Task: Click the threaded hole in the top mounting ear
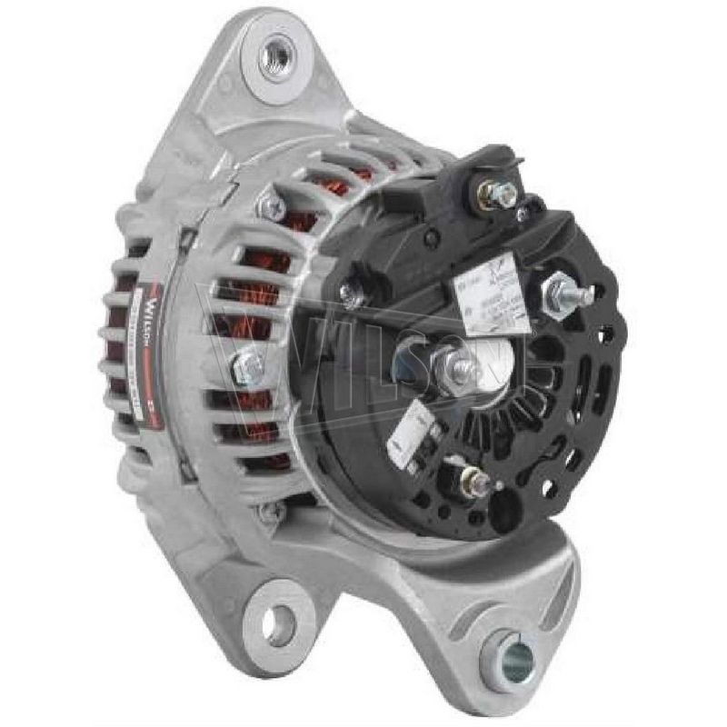pyautogui.click(x=275, y=59)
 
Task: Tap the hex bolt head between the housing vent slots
pyautogui.click(x=247, y=368)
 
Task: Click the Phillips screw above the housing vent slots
pyautogui.click(x=272, y=207)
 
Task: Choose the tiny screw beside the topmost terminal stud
pyautogui.click(x=522, y=214)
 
